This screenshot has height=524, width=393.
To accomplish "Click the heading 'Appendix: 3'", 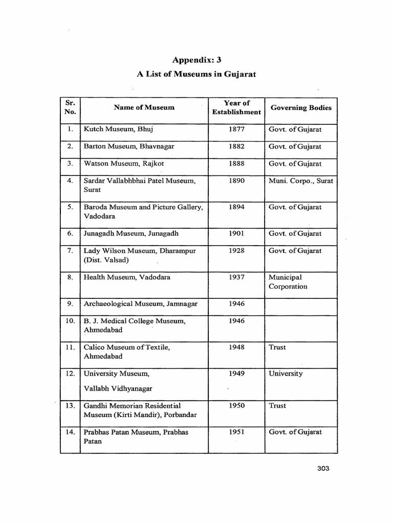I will [196, 60].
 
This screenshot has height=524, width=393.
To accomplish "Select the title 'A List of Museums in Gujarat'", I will [196, 74].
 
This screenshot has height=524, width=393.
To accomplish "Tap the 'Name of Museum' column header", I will [144, 107].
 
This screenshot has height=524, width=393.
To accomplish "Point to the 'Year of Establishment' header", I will [236, 107].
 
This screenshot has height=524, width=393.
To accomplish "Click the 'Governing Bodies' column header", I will [301, 107].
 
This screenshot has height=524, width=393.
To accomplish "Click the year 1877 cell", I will [236, 129].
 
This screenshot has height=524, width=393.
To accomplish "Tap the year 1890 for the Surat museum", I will [236, 181].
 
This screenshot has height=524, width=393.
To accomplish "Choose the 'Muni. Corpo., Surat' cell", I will [301, 181].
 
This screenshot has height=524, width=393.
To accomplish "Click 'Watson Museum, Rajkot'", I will [124, 164].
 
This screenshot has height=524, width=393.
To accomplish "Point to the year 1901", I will [236, 233].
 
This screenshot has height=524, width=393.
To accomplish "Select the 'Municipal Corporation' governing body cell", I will [288, 282].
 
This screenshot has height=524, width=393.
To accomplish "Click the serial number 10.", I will [70, 321].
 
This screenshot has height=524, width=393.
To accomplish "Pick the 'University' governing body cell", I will [286, 374].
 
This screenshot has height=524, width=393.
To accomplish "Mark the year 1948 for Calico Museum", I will [236, 347].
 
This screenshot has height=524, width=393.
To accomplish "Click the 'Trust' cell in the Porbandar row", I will [277, 405].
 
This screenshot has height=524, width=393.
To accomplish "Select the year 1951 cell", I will [236, 432].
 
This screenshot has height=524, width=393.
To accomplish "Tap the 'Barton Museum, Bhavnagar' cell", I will [129, 146].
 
